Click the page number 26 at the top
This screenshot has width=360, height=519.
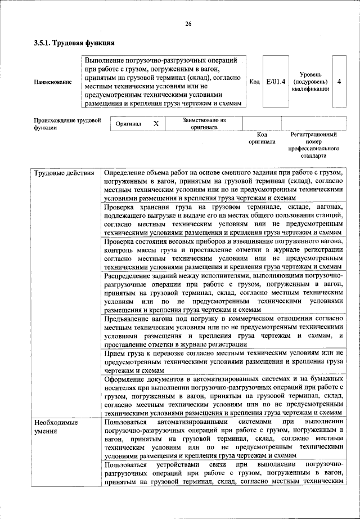pyautogui.click(x=188, y=24)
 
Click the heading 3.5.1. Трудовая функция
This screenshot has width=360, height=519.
pyautogui.click(x=74, y=43)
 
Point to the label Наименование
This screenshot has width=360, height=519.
pyautogui.click(x=53, y=82)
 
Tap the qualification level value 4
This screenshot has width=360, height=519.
pyautogui.click(x=339, y=82)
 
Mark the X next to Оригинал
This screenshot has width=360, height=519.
pyautogui.click(x=156, y=123)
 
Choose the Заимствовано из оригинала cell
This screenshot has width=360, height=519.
pyautogui.click(x=204, y=123)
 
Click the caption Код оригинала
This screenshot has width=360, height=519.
pyautogui.click(x=262, y=138)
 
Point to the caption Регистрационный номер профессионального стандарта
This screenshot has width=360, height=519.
pyautogui.click(x=313, y=145)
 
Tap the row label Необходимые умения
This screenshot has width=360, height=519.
pyautogui.click(x=55, y=426)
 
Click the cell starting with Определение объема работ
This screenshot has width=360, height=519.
pyautogui.click(x=223, y=185)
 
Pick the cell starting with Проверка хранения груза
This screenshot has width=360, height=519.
pyautogui.click(x=223, y=220)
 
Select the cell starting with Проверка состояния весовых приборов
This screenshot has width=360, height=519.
pyautogui.click(x=223, y=254)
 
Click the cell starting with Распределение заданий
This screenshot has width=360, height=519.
pyautogui.click(x=223, y=292)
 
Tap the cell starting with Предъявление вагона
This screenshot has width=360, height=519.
pyautogui.click(x=223, y=331)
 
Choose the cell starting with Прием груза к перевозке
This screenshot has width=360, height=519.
pyautogui.click(x=223, y=361)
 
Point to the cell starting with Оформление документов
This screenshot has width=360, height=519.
pyautogui.click(x=223, y=396)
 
